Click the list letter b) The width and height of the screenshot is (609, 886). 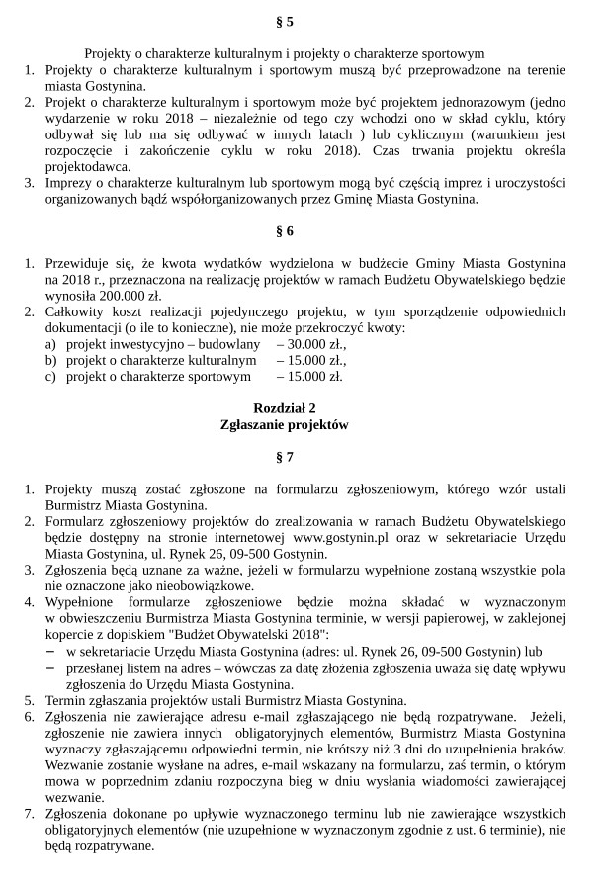(x=50, y=361)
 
